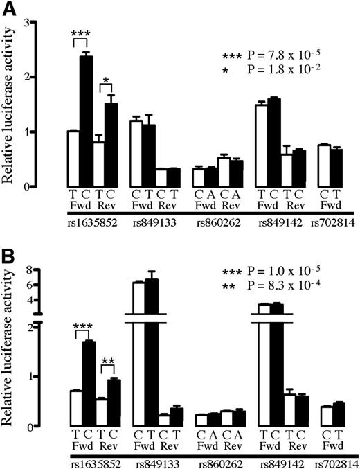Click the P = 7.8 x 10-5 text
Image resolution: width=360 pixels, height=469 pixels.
[x=284, y=55]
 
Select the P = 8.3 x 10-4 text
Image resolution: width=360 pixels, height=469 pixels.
[x=284, y=284]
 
